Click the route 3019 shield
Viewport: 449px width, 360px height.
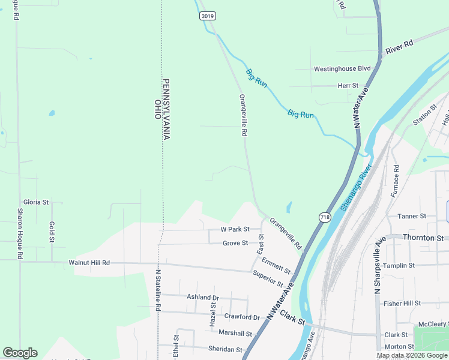(208, 16)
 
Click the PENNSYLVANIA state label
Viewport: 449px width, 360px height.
(167, 109)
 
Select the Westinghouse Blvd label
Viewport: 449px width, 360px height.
(342, 69)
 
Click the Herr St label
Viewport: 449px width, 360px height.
(348, 86)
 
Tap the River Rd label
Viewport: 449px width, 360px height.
(400, 46)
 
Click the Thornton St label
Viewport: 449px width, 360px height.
(423, 238)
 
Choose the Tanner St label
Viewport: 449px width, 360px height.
(411, 216)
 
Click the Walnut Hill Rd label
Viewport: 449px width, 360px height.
(89, 263)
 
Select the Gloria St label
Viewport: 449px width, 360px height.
(35, 202)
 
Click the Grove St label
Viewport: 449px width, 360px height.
(235, 243)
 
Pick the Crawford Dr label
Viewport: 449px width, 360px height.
(242, 317)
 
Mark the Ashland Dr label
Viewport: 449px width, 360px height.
(203, 298)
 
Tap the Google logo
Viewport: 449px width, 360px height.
(20, 353)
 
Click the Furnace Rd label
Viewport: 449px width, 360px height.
(395, 182)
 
